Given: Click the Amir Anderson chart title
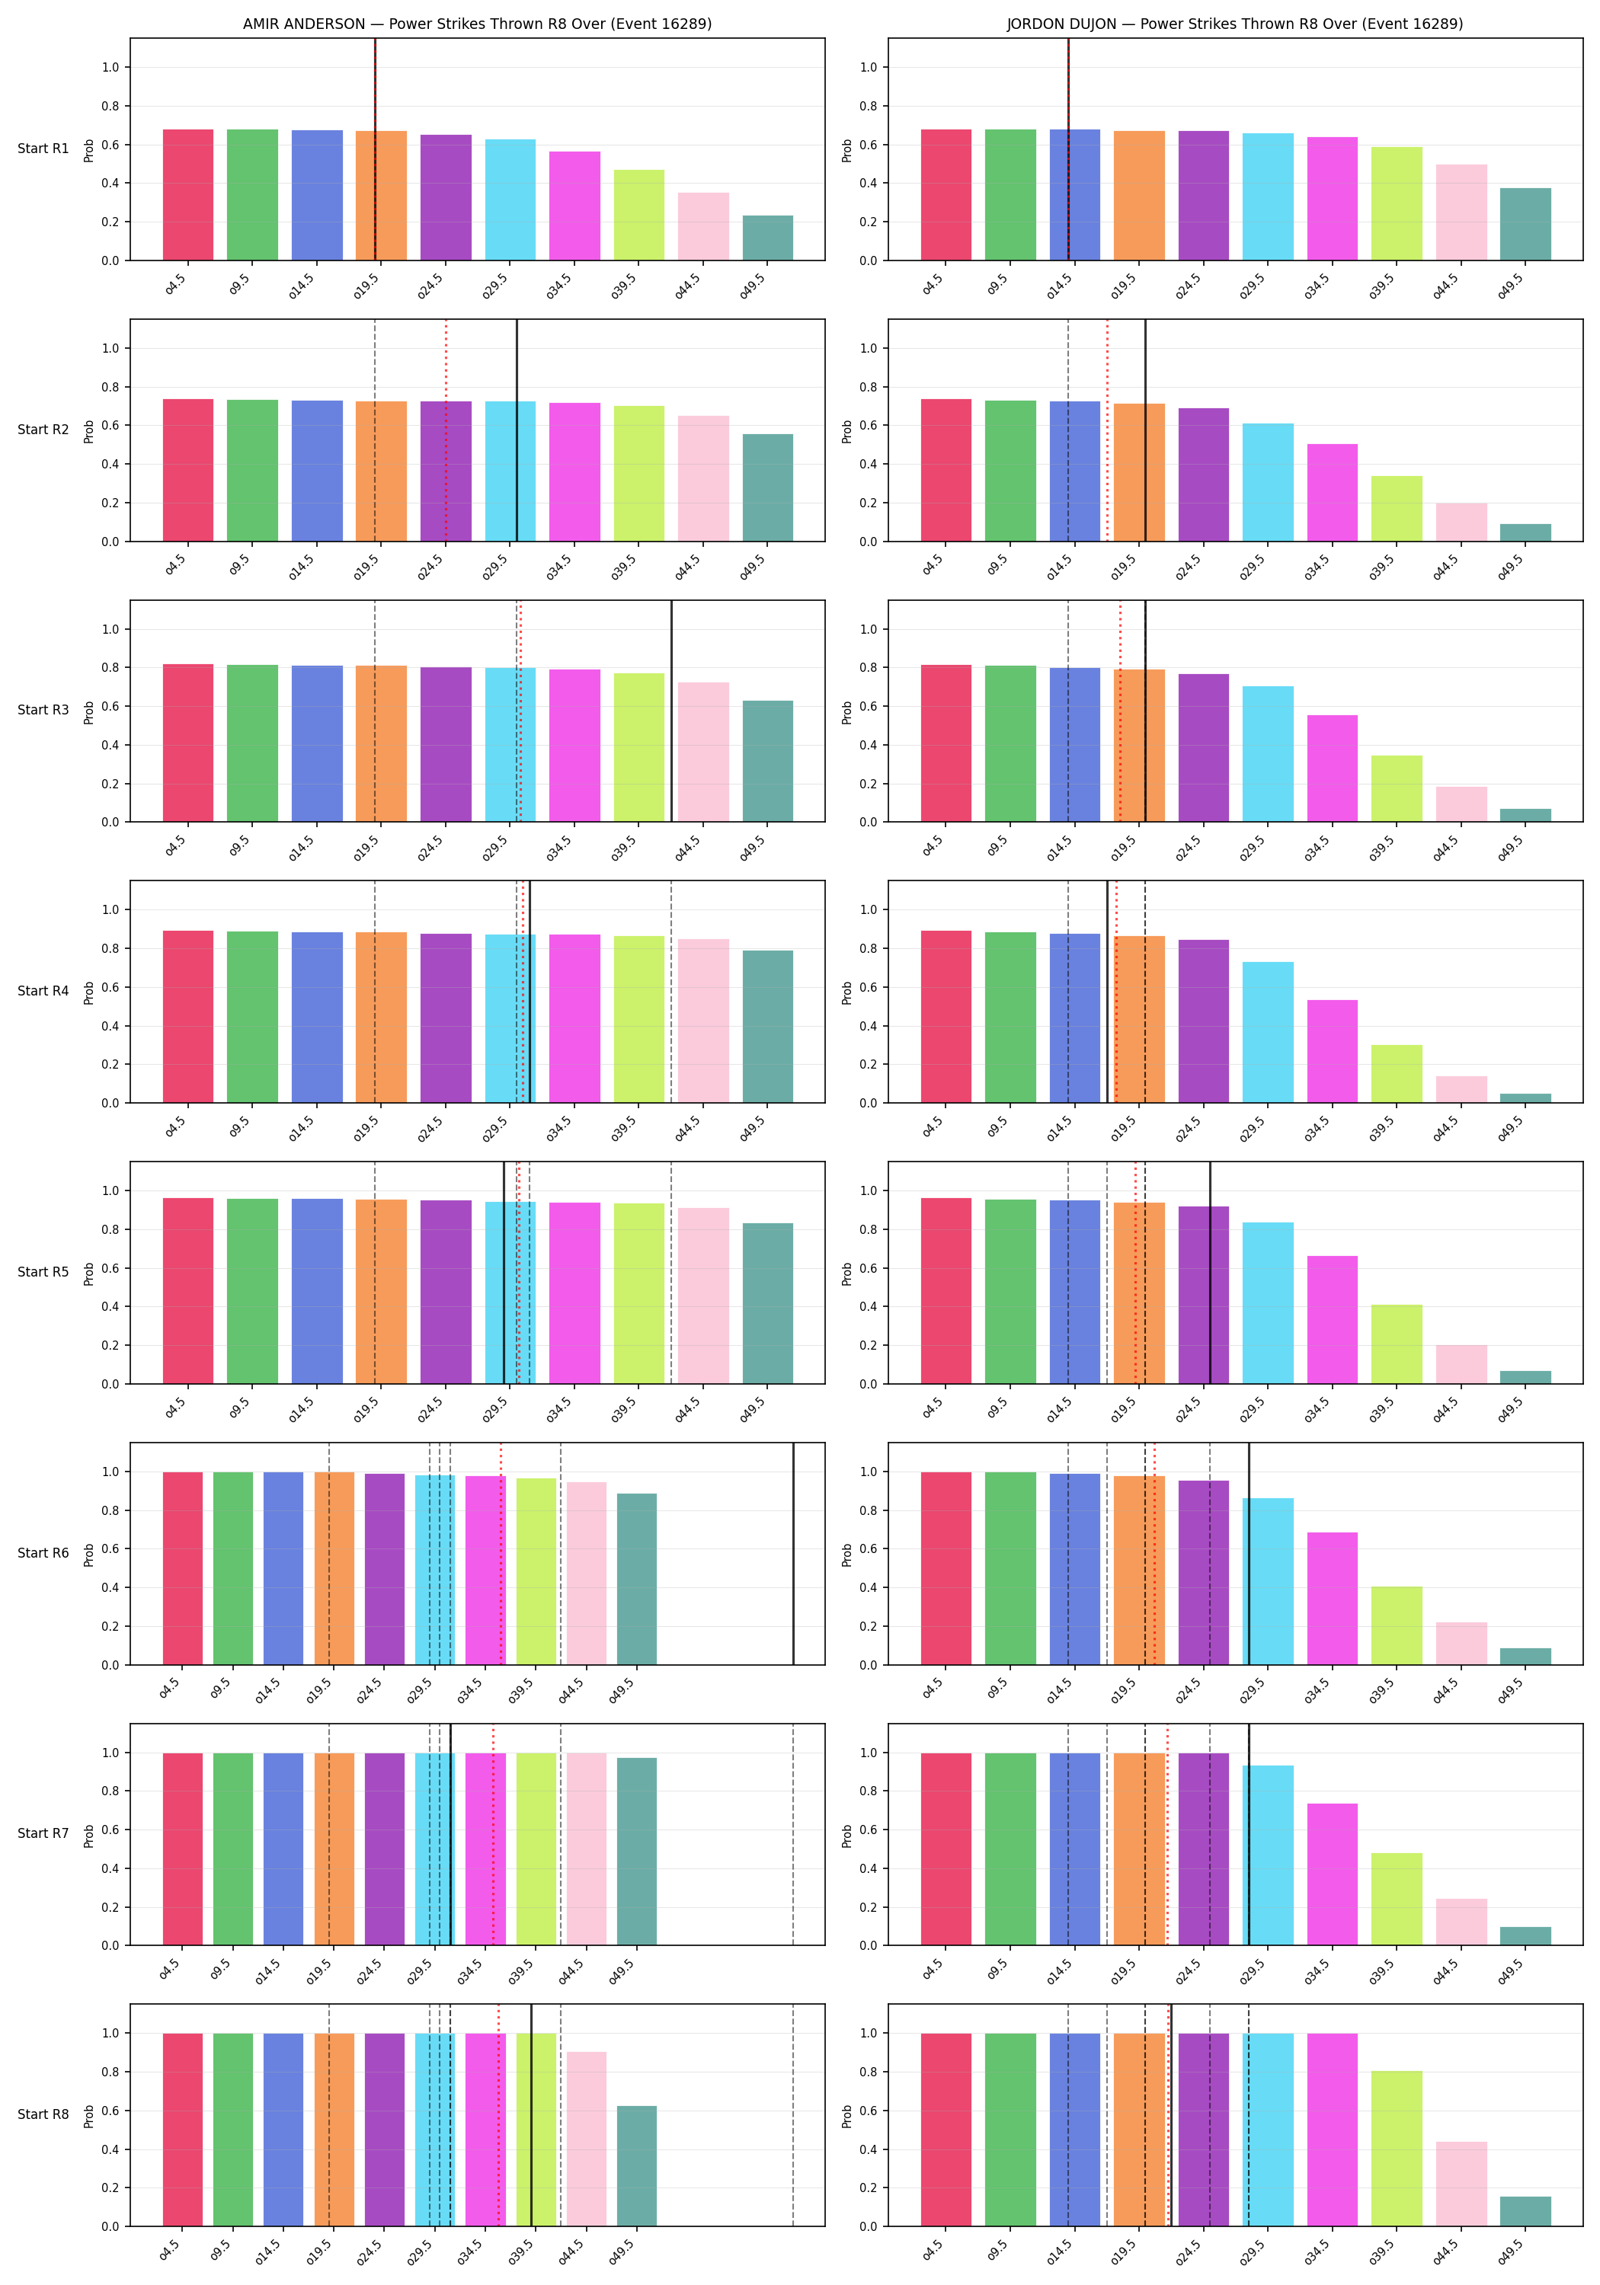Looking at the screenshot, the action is tap(477, 24).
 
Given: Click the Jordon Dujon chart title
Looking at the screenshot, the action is tap(1234, 24).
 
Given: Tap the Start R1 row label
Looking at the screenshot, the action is tap(43, 149).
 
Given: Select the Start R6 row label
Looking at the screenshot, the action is tap(43, 1552).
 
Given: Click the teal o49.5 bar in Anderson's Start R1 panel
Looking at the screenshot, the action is tap(768, 238).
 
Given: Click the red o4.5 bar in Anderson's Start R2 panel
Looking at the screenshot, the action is tap(188, 470).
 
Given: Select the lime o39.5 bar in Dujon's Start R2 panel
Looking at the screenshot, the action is tap(1397, 509).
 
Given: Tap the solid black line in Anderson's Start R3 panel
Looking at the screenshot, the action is tap(671, 711).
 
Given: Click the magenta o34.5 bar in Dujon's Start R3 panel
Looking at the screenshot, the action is tap(1332, 769).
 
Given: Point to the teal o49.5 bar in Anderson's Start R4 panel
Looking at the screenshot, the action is tap(768, 1026).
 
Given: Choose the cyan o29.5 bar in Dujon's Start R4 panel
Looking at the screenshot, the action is tap(1268, 1032).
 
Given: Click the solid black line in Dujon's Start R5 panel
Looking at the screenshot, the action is tap(1210, 1272).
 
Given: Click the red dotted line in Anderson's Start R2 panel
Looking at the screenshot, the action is tap(446, 430).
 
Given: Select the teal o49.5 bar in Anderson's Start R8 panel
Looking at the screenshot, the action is tap(637, 2167).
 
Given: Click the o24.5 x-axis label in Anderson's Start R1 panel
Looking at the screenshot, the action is tap(430, 286).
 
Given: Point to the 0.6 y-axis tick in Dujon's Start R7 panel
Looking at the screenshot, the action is tap(869, 1830).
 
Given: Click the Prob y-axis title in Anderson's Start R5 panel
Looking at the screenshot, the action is tap(88, 1273).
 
